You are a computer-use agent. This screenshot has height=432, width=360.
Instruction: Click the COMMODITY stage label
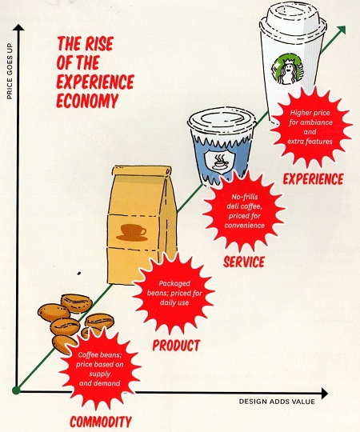[101, 422]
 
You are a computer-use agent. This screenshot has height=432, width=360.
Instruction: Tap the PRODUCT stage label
[176, 346]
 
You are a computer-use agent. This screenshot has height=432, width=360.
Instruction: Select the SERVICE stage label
[244, 262]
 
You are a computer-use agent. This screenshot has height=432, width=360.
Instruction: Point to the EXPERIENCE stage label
[313, 179]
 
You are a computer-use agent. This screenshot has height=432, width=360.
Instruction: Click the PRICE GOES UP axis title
[10, 71]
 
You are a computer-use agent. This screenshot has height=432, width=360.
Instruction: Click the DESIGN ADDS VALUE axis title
[277, 402]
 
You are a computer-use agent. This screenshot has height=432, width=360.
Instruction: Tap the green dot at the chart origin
[16, 390]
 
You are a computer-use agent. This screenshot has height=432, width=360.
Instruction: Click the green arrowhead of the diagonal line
[341, 30]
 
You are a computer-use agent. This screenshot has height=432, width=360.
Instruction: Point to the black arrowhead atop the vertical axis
[18, 27]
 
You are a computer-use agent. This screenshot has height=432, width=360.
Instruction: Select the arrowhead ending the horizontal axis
[325, 393]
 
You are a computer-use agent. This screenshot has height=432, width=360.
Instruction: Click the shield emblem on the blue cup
[219, 162]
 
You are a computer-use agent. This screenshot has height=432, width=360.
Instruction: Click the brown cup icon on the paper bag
[133, 233]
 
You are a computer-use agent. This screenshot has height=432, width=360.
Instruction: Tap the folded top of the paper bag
[142, 171]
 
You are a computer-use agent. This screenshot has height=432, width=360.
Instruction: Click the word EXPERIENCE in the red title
[95, 82]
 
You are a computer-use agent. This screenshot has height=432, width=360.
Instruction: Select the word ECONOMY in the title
[87, 100]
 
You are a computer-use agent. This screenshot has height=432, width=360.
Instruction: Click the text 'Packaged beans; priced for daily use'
[174, 293]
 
